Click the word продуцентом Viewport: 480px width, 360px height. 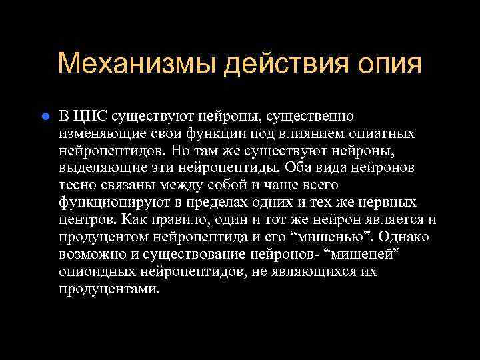point(101,237)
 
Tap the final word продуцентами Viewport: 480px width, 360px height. point(109,289)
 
